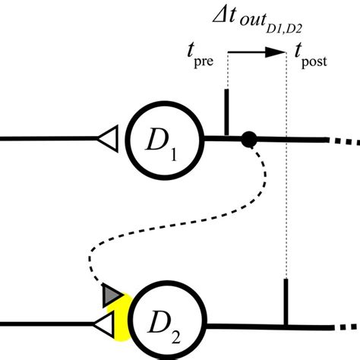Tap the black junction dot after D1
point(248,139)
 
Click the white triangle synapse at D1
point(108,138)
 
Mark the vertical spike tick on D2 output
point(285,302)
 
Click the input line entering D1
point(46,139)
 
